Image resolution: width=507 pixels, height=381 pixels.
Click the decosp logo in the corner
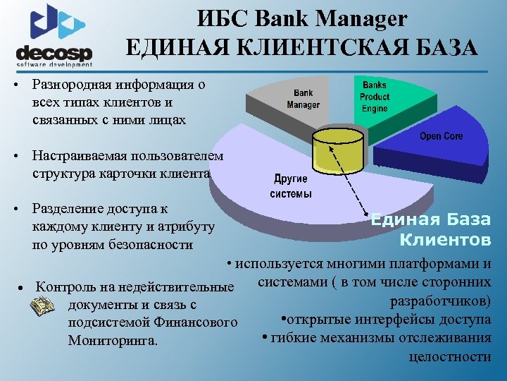tap(55, 35)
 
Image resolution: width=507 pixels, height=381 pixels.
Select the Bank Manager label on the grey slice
tap(303, 99)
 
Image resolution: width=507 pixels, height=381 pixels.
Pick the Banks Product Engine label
tap(375, 97)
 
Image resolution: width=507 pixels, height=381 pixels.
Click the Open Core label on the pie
tap(442, 136)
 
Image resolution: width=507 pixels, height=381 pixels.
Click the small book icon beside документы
tap(43, 306)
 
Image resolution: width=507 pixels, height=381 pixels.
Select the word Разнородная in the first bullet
tap(69, 85)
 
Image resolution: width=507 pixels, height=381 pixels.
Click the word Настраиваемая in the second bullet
tap(79, 156)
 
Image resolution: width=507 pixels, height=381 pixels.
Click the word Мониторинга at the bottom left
tap(113, 341)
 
